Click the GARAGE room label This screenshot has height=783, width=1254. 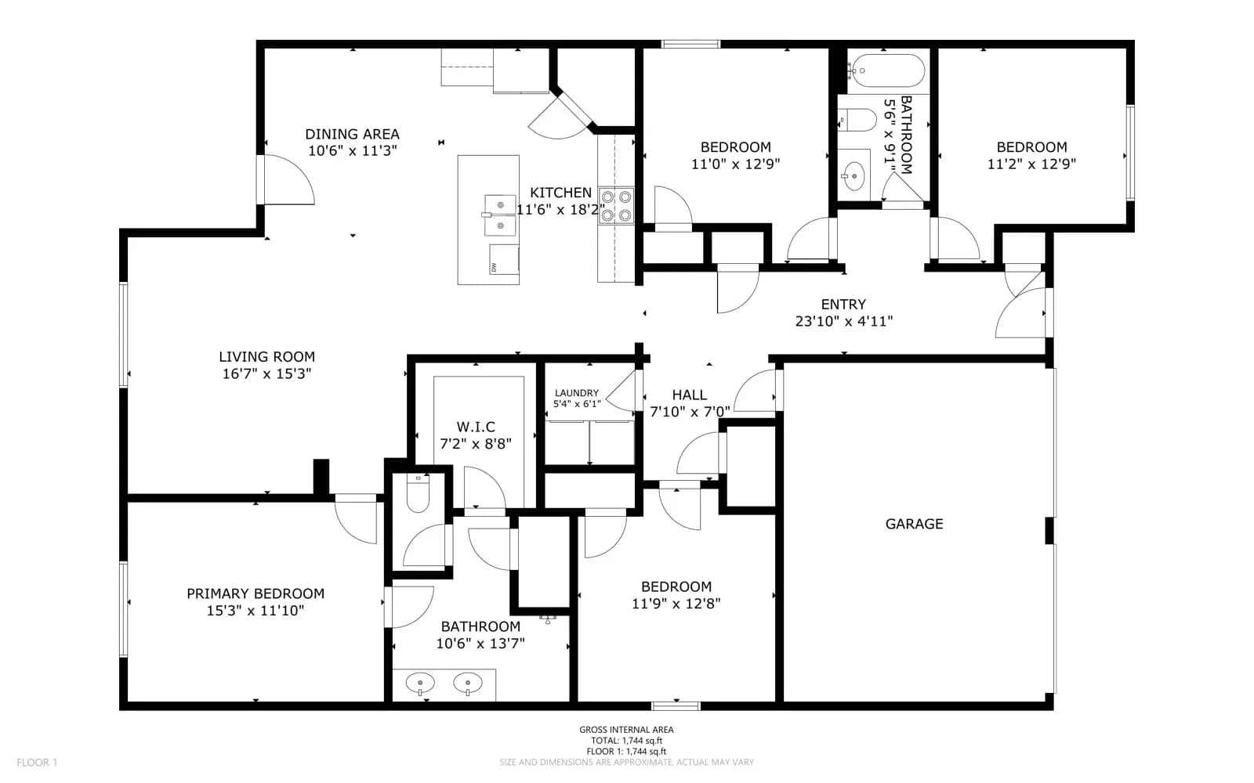914,524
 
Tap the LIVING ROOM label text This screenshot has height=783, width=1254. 266,357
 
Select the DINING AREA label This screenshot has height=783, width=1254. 352,134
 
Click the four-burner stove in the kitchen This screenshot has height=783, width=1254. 616,206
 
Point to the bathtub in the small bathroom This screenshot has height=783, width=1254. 886,70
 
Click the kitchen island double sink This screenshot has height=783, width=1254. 500,215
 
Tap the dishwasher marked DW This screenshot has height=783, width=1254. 504,259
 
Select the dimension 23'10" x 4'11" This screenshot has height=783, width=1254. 843,321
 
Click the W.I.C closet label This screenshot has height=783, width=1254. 475,428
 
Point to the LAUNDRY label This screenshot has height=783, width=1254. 577,393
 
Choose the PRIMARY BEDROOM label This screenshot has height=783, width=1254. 256,594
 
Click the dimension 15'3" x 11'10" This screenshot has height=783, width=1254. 256,611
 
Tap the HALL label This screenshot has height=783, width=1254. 689,395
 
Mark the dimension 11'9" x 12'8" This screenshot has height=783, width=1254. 676,604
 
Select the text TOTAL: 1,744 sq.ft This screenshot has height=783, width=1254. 626,741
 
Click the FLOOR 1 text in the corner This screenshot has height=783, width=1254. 37,763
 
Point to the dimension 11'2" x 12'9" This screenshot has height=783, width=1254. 1031,164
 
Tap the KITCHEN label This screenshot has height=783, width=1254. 560,193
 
